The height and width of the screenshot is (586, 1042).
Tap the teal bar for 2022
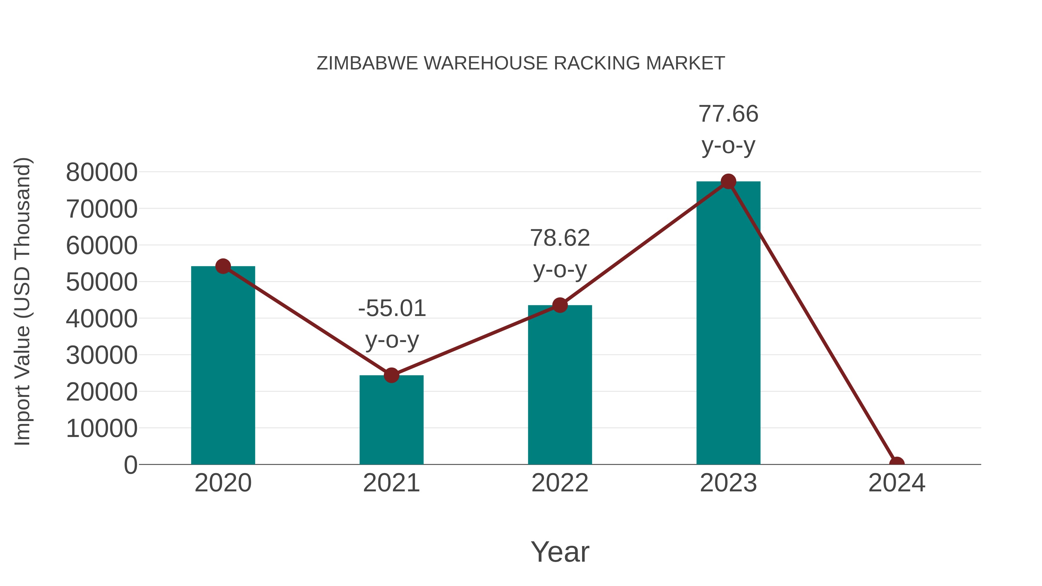560,385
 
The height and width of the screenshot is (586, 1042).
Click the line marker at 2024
897,464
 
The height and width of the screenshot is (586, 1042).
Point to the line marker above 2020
223,266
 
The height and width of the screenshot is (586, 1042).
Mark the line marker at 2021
391,375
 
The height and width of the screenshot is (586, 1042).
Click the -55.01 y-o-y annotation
392,324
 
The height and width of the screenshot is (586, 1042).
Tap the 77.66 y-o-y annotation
728,129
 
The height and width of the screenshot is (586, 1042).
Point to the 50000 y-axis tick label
102,282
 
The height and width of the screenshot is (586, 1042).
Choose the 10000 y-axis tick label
102,428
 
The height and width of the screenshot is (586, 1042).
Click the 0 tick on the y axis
131,465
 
